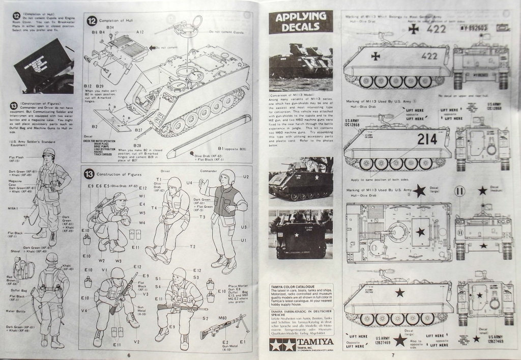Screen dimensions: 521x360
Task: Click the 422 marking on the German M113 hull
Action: [x=429, y=56]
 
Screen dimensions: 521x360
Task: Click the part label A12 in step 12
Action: [x=140, y=32]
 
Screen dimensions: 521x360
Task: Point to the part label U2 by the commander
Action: [x=246, y=177]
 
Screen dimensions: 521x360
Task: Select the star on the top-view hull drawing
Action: [x=420, y=232]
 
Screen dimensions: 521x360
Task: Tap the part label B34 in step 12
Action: [x=110, y=26]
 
